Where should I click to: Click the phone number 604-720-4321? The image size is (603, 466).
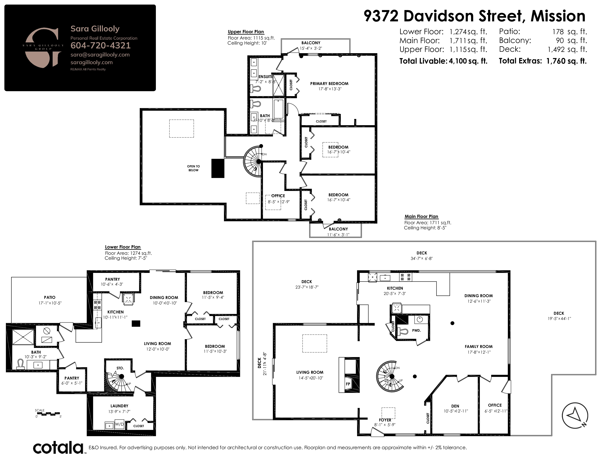(100, 46)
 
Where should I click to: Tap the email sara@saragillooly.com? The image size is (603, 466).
(100, 55)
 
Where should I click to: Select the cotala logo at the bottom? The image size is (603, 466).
(58, 448)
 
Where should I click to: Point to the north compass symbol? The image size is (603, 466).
(575, 416)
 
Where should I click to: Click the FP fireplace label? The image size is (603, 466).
(348, 384)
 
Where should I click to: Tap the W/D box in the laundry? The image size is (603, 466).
(119, 424)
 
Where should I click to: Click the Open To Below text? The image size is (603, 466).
(193, 168)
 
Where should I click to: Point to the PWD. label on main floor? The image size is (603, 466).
(416, 330)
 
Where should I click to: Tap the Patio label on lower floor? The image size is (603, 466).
(50, 297)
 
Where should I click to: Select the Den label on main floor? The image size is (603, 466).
(455, 406)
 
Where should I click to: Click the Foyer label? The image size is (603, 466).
(385, 420)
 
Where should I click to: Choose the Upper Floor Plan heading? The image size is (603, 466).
(246, 32)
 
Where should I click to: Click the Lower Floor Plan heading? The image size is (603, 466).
(123, 247)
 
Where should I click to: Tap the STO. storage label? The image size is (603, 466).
(120, 368)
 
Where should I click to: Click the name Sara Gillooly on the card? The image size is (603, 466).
(95, 29)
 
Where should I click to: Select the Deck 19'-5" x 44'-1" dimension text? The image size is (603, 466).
(559, 319)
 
